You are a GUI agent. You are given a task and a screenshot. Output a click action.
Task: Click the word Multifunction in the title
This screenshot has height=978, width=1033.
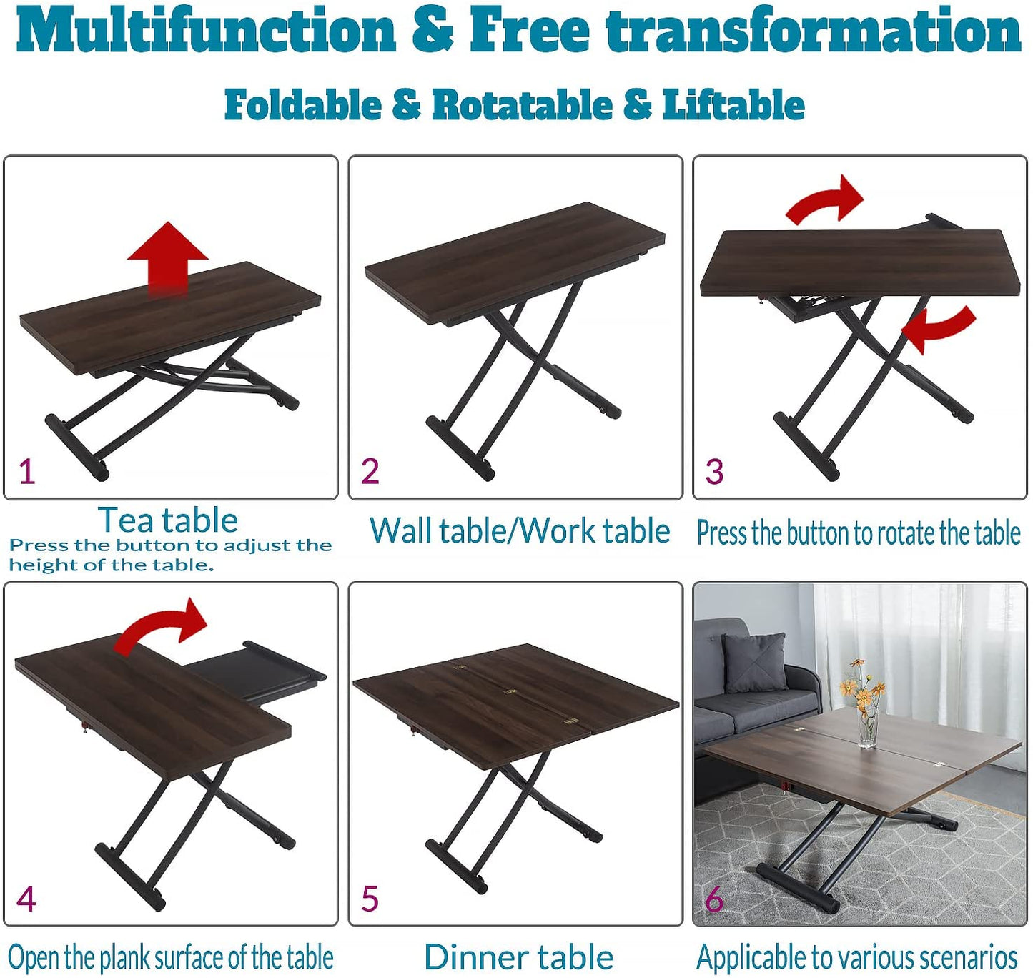pos(207,31)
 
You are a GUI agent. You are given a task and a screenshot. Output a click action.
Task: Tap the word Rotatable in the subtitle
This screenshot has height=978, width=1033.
pos(522,105)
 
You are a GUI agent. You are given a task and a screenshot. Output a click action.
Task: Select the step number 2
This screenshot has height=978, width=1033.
pos(370,471)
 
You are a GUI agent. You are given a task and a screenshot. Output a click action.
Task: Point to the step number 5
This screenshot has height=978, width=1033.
pos(370,899)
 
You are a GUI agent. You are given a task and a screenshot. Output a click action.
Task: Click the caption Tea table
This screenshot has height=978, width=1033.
pos(168,520)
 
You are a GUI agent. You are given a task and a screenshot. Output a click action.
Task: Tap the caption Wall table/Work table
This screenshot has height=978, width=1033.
pos(520,531)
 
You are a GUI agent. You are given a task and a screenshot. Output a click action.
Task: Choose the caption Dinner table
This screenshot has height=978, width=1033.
pos(519,957)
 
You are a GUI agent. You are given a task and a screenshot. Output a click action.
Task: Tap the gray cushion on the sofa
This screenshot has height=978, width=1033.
pos(754,663)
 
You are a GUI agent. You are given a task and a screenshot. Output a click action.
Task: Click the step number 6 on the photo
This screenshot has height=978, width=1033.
pos(714,899)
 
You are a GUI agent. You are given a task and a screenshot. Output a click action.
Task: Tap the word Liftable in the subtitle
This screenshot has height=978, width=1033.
pos(733,105)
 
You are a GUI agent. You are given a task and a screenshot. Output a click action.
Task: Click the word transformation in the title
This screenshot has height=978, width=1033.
pos(814,31)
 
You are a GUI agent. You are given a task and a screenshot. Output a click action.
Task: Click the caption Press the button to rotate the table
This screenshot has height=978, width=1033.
pos(859,533)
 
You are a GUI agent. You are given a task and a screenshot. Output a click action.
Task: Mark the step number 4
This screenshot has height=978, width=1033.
pos(26,899)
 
